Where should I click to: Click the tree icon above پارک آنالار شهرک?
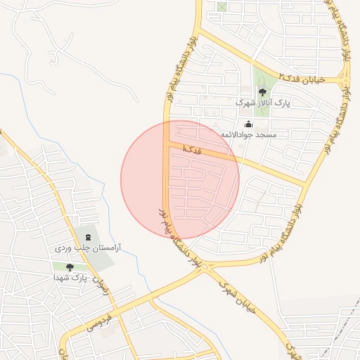262,92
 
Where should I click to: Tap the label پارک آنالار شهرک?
262,103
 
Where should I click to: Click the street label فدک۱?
191,149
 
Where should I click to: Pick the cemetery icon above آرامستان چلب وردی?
88,238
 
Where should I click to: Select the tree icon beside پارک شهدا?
69,267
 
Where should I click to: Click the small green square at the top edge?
222,7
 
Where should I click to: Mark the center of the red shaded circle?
180,180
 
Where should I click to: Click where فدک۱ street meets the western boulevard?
167,144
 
